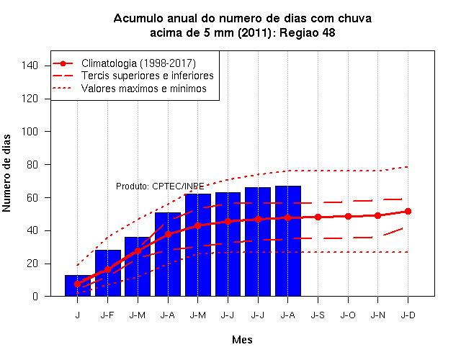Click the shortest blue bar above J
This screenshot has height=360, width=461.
(78, 285)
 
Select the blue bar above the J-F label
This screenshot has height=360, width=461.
(108, 273)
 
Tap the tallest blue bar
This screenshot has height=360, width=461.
(288, 241)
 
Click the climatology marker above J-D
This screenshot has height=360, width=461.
(408, 211)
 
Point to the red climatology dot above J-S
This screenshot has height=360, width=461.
(318, 217)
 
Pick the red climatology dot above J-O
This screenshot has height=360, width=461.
(348, 216)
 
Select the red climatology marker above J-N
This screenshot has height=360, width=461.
(377, 216)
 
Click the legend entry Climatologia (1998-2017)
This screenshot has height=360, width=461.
(138, 63)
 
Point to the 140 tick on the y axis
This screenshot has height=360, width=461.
(30, 66)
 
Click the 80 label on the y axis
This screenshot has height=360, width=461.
(32, 165)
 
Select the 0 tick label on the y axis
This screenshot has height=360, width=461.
(35, 296)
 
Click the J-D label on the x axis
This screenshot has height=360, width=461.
(408, 315)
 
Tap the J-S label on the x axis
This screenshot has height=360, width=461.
(318, 315)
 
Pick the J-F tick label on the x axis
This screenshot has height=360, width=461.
(107, 315)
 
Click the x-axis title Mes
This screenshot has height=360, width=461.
(242, 340)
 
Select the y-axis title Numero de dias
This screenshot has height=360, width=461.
(6, 174)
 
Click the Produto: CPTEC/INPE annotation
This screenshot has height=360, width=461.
(160, 186)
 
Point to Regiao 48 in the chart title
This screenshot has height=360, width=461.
(308, 32)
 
